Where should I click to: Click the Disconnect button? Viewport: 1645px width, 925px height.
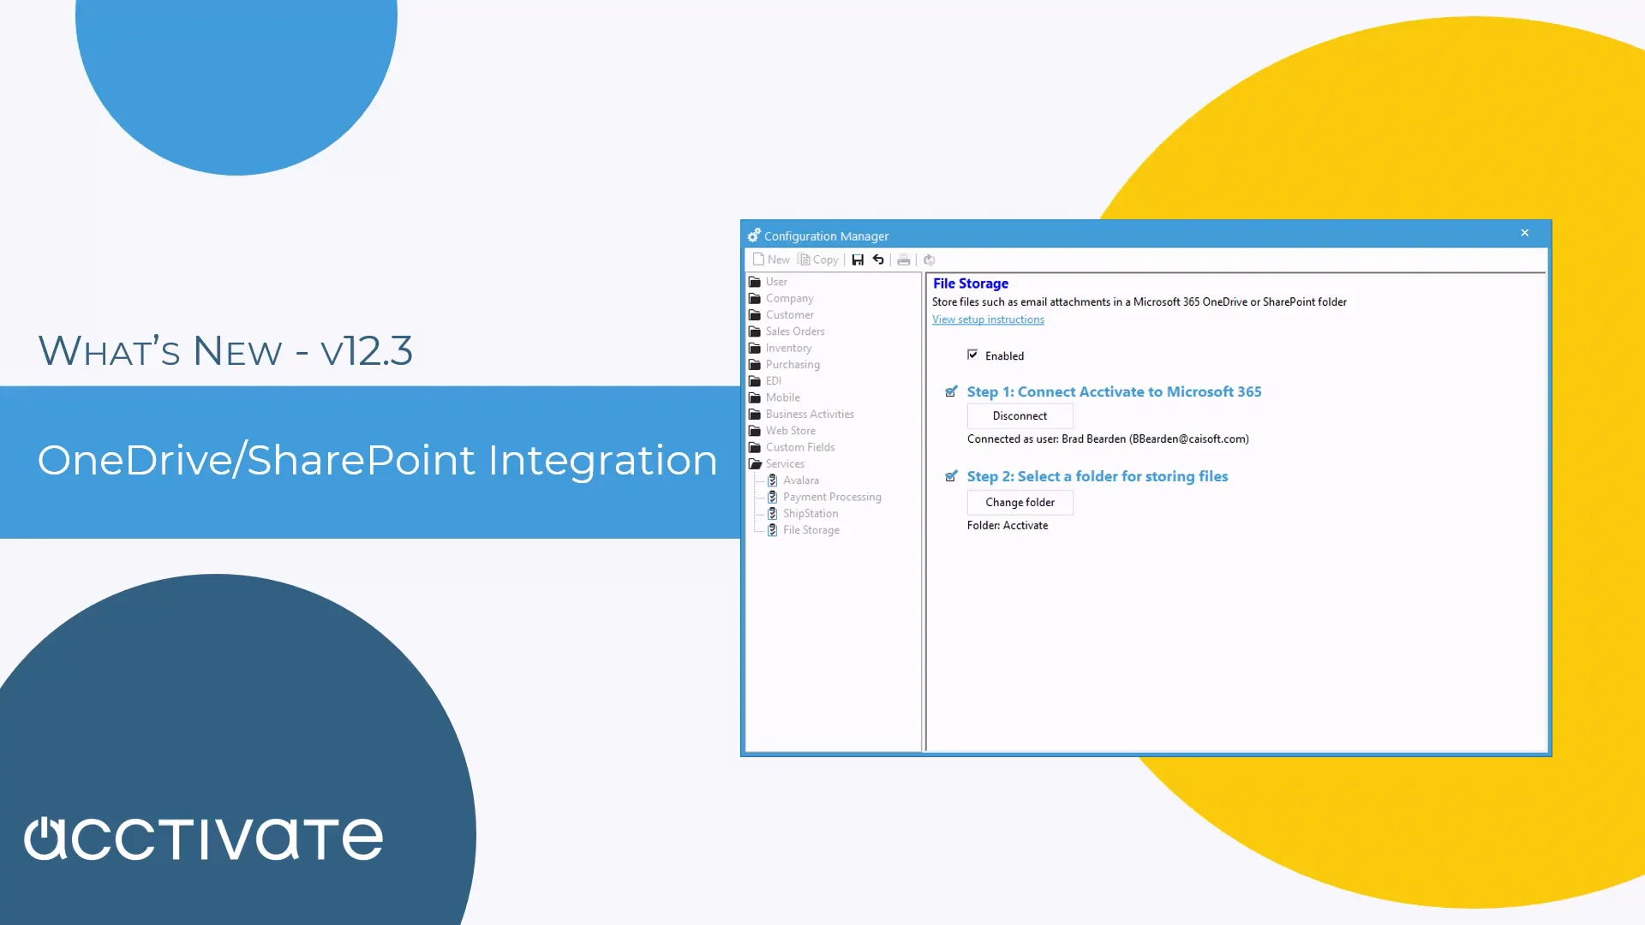point(1020,416)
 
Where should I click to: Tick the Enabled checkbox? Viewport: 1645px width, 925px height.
point(972,355)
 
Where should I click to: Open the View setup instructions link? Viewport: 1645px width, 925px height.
point(988,319)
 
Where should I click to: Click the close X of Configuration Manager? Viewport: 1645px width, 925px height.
point(1525,233)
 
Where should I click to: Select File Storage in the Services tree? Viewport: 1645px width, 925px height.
point(811,530)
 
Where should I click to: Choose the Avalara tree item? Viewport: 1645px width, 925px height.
point(800,480)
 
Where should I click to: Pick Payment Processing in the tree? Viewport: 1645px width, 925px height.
point(831,497)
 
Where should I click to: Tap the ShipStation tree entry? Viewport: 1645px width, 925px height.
point(810,514)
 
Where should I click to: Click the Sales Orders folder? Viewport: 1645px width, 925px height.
point(794,331)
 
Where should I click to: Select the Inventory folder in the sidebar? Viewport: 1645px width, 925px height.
point(788,348)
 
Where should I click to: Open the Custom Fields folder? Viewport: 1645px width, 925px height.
point(799,447)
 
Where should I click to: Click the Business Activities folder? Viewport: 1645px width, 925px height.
point(809,415)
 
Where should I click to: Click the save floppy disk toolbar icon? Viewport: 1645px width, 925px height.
point(858,260)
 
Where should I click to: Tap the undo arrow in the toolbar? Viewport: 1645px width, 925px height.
point(878,260)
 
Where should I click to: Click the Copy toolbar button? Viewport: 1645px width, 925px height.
point(818,260)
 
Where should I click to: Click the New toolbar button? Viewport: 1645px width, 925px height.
point(771,260)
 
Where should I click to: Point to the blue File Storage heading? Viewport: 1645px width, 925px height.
point(970,283)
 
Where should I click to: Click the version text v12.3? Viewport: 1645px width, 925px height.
point(367,351)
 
